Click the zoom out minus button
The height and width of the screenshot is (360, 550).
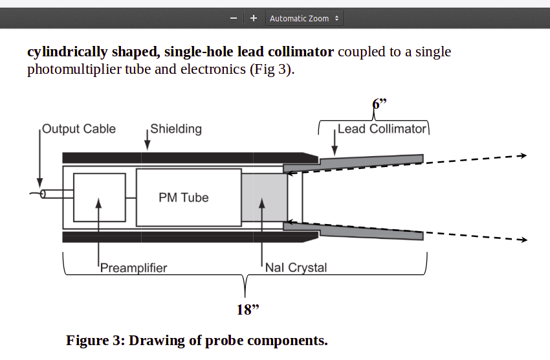point(233,18)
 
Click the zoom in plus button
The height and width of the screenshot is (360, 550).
point(254,18)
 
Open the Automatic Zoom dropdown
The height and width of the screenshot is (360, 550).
point(304,18)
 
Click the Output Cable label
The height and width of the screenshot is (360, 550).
point(78,129)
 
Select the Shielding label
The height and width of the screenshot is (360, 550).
point(176,129)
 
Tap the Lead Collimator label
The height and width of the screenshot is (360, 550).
point(382,129)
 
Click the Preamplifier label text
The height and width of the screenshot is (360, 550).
point(133,267)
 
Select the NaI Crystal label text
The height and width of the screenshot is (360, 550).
point(296,267)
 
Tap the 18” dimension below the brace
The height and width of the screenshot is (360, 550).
point(247,309)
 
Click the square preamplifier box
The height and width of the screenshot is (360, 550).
point(99,197)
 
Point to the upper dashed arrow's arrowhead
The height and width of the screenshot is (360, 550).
point(523,155)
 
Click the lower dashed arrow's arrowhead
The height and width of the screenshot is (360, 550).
point(523,240)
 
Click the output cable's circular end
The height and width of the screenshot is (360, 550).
point(43,194)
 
